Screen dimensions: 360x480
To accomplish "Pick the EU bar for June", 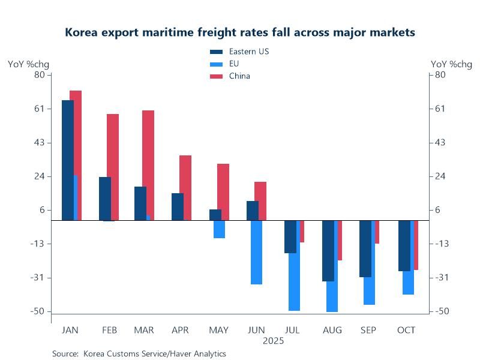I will coord(256,252).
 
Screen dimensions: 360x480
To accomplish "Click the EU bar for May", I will coord(219,229).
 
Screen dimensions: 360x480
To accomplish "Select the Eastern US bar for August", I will coord(328,251).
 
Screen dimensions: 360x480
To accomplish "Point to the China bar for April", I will coord(185,188).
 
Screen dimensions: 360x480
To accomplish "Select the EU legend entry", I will coord(234,64).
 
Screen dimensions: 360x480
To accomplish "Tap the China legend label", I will coord(239,76).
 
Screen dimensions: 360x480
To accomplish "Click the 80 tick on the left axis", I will coord(40,74).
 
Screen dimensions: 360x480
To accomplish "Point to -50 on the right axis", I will coord(441,311).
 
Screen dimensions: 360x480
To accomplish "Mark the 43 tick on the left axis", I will coord(40,143).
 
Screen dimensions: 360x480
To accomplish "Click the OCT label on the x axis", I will coord(406,330).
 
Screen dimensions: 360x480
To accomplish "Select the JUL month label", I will coord(293,330).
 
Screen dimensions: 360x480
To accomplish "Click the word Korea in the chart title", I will coord(82,32).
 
